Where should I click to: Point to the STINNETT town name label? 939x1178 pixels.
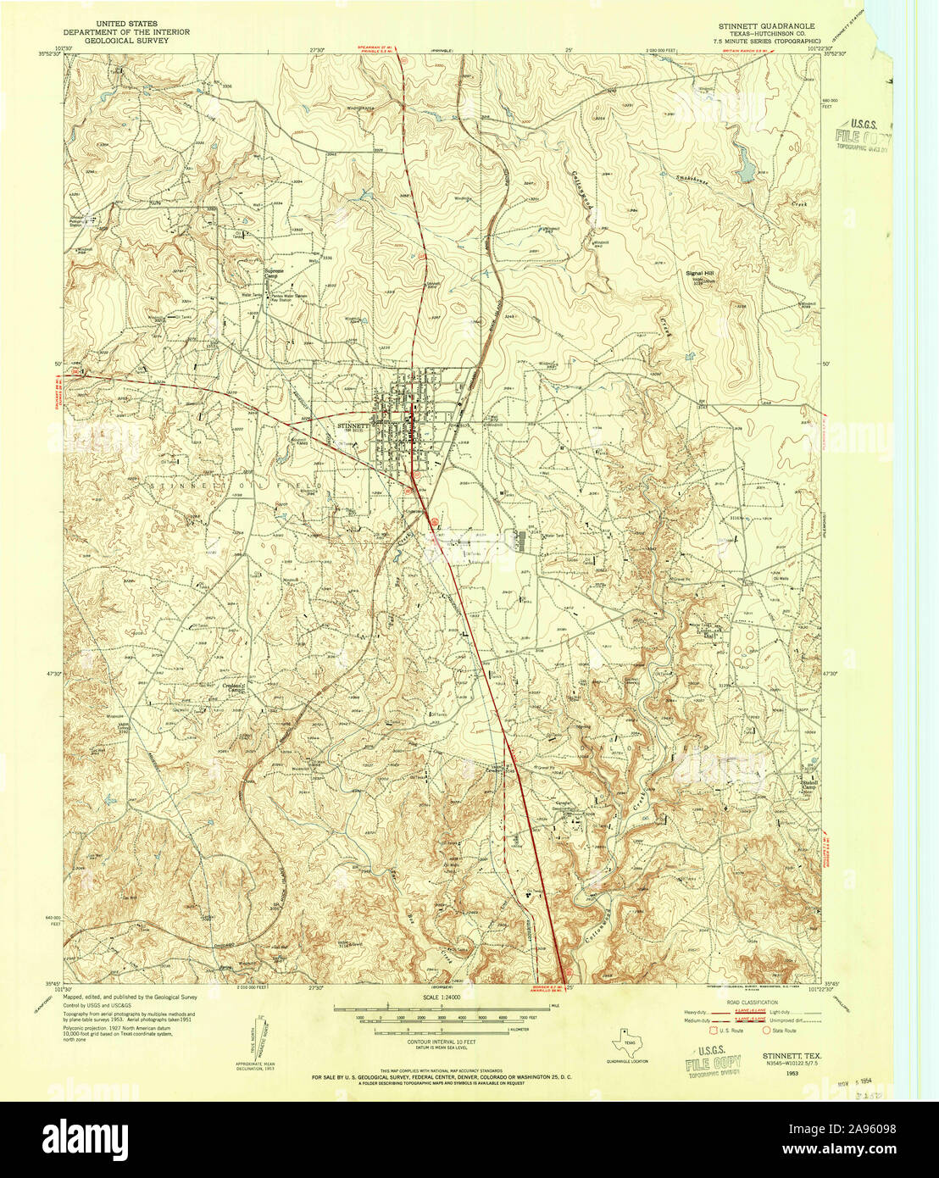[353, 425]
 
